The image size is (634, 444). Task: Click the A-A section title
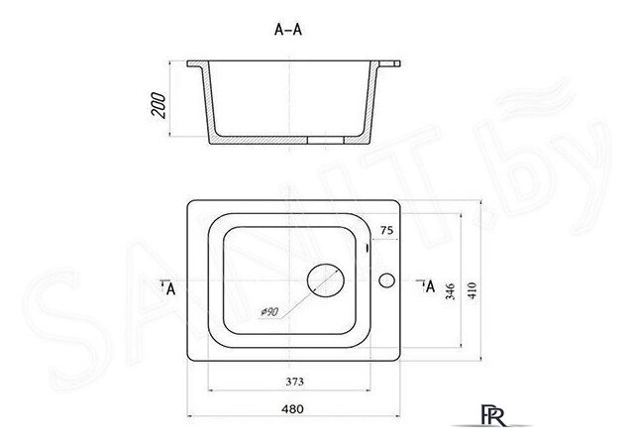[x=288, y=30]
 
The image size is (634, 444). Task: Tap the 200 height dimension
[x=158, y=105]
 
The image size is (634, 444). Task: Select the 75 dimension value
[x=386, y=230]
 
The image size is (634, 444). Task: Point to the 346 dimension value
[x=450, y=291]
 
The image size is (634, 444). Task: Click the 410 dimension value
[x=472, y=290]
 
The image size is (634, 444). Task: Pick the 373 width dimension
[x=294, y=382]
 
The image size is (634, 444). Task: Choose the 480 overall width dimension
[x=292, y=409]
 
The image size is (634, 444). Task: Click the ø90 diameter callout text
[x=269, y=312]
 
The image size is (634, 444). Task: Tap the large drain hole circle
[x=326, y=280]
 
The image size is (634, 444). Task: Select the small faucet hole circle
[x=386, y=280]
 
